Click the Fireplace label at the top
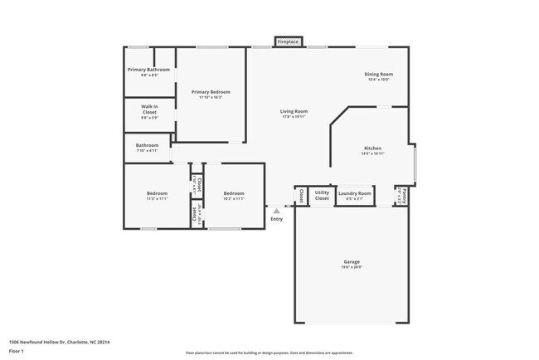pos(289,41)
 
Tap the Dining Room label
pos(378,75)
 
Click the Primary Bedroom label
pos(211,92)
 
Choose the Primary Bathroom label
pos(148,70)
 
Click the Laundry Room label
pos(354,193)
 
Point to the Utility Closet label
pos(322,195)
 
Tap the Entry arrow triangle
pos(276,211)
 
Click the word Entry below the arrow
pos(276,219)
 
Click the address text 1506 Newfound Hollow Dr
pos(60,342)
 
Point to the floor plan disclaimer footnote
pos(270,353)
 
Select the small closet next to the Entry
pos(299,196)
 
